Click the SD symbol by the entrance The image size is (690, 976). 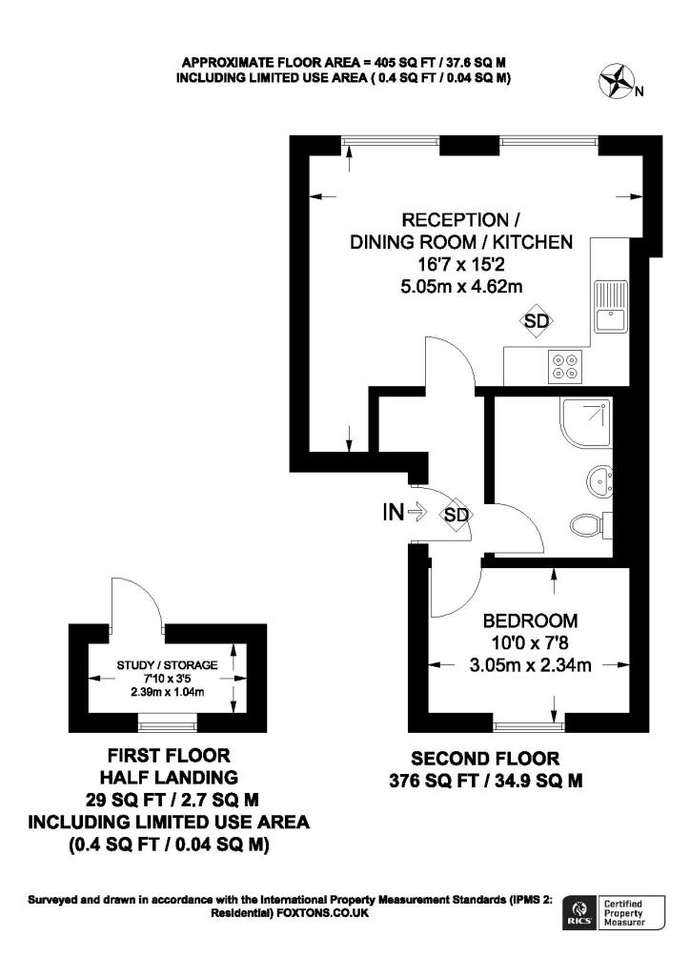point(457,515)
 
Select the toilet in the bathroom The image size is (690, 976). point(591,523)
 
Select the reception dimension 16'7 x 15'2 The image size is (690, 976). point(460,264)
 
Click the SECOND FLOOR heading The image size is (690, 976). point(485,759)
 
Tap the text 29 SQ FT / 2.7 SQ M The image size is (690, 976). point(168,798)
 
